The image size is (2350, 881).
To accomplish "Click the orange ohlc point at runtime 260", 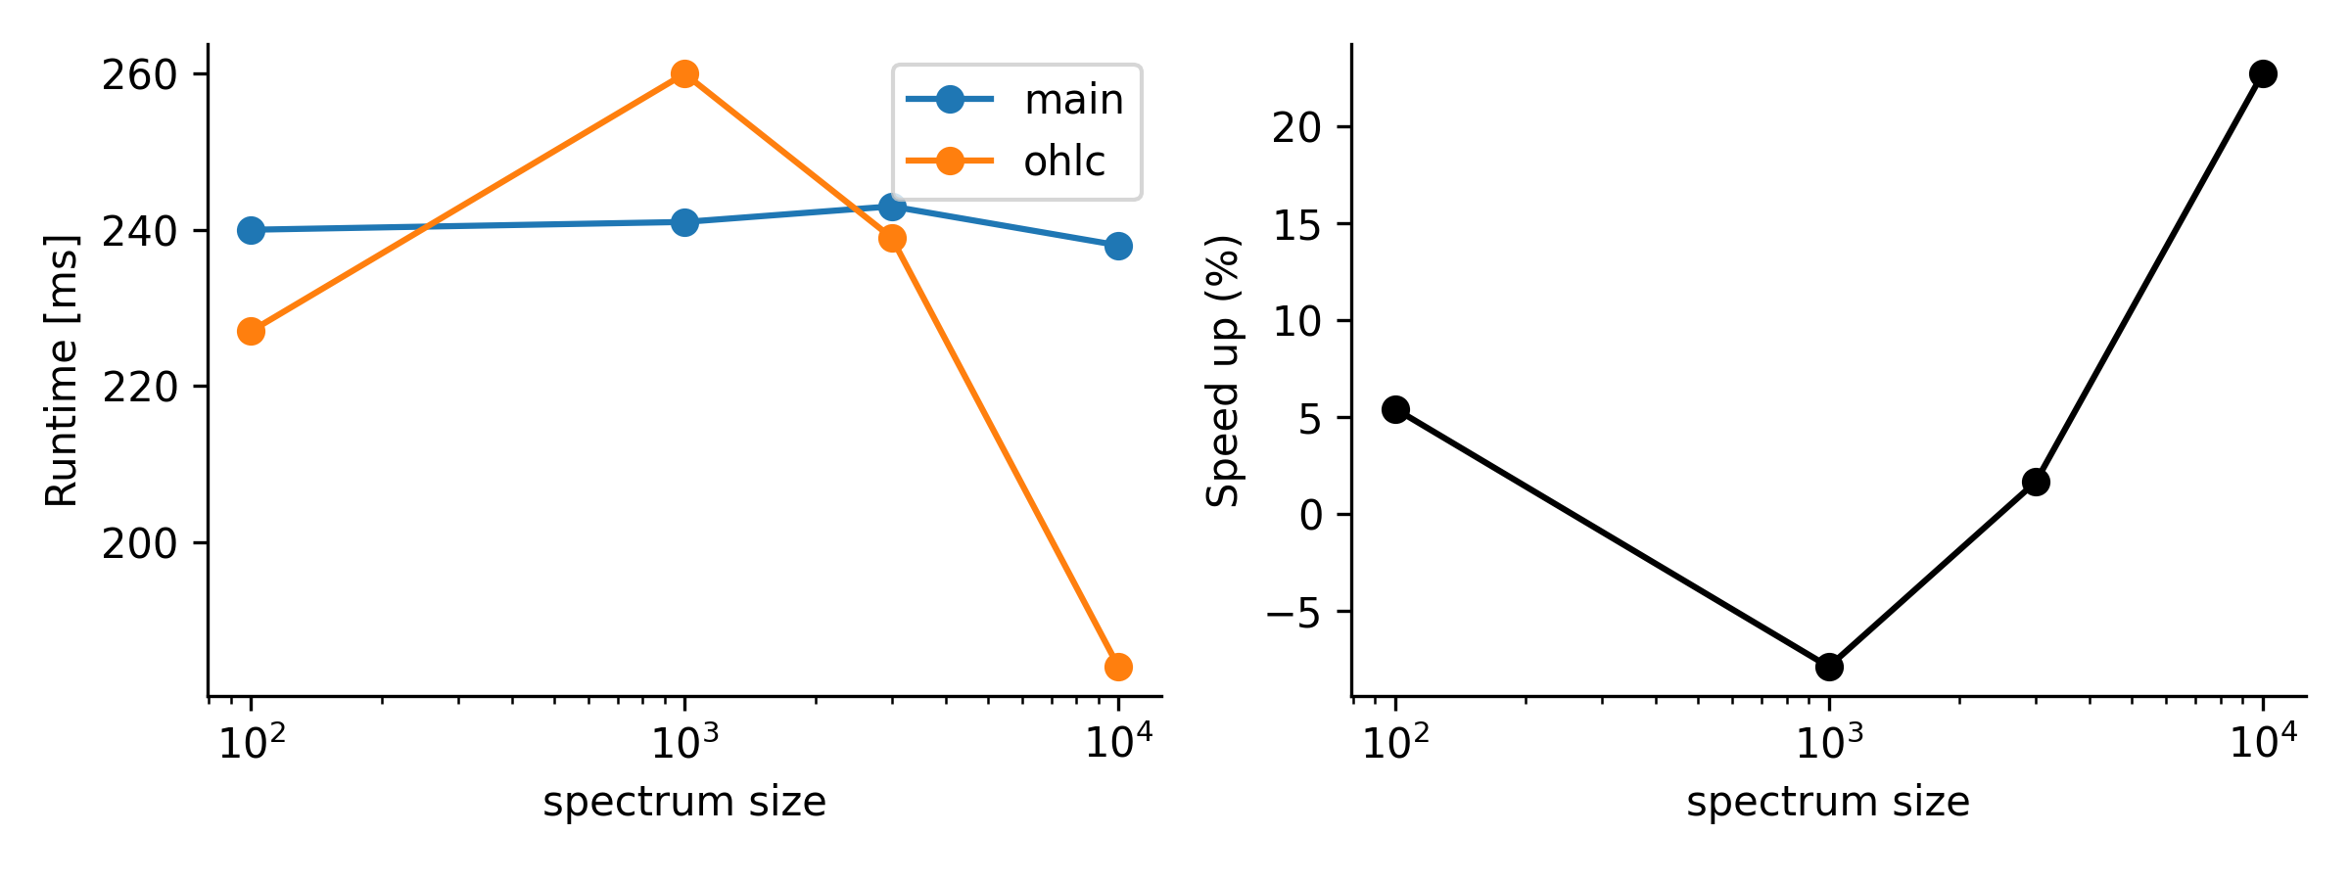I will click(684, 73).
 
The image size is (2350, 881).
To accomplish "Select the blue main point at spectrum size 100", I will click(251, 230).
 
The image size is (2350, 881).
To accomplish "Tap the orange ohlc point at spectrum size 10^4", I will click(1118, 668).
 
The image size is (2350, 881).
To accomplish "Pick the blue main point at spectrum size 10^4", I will click(1118, 246).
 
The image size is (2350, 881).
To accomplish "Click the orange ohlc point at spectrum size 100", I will click(251, 332).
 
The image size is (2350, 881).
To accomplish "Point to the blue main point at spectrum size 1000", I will click(684, 222).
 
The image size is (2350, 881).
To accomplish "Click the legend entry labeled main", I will click(1073, 100).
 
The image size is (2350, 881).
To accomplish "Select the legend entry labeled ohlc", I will click(1063, 162).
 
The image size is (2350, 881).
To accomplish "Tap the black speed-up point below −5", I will click(1829, 668).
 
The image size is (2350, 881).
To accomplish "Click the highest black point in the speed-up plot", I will click(2263, 73).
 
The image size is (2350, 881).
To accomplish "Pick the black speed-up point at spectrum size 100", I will click(1395, 409).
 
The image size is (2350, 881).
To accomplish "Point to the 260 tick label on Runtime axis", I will click(139, 75).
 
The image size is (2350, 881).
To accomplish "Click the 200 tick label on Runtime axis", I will click(139, 544).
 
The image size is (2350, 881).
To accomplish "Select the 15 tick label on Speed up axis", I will click(1297, 225).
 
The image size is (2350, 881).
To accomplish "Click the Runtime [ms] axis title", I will click(62, 370).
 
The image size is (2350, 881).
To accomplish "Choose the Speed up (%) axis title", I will click(1223, 370).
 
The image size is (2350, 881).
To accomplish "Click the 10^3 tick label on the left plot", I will click(684, 744).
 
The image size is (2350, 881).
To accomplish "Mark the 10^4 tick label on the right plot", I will click(2263, 744).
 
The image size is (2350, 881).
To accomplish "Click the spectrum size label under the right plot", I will click(1827, 803).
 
